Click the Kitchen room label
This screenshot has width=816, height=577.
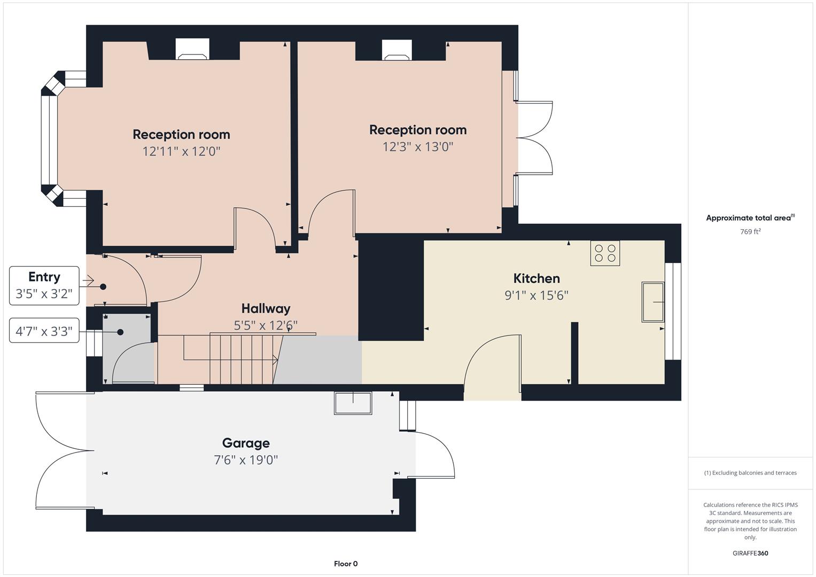pos(536,278)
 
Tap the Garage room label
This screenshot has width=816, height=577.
pos(246,443)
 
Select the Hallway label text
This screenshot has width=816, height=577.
pos(266,308)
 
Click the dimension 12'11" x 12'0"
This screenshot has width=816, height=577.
pos(181,151)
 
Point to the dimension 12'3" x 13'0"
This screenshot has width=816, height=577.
pos(417,146)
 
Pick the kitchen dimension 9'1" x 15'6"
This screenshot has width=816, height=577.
pos(536,295)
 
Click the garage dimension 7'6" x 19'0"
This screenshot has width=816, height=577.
pos(246,460)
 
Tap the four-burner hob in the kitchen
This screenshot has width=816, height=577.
pos(605,253)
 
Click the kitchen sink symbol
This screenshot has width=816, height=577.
pos(652,302)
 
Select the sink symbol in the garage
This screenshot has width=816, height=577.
pos(353,403)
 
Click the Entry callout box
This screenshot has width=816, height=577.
pos(44,285)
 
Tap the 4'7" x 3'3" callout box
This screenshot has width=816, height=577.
pos(44,331)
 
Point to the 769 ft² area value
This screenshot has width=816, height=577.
pos(750,232)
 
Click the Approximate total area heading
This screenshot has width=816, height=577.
pos(750,218)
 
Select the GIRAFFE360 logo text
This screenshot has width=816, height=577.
pos(750,553)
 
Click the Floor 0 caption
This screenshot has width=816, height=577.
pos(346,564)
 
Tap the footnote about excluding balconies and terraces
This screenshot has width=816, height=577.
pos(750,473)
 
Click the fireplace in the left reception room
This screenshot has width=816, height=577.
pos(192,50)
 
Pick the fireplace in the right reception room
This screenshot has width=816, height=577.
pos(397,50)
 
